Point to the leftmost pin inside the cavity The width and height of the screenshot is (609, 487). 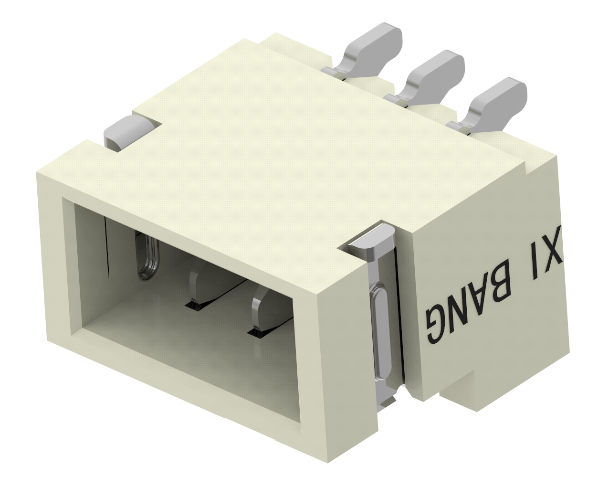point(147,255)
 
